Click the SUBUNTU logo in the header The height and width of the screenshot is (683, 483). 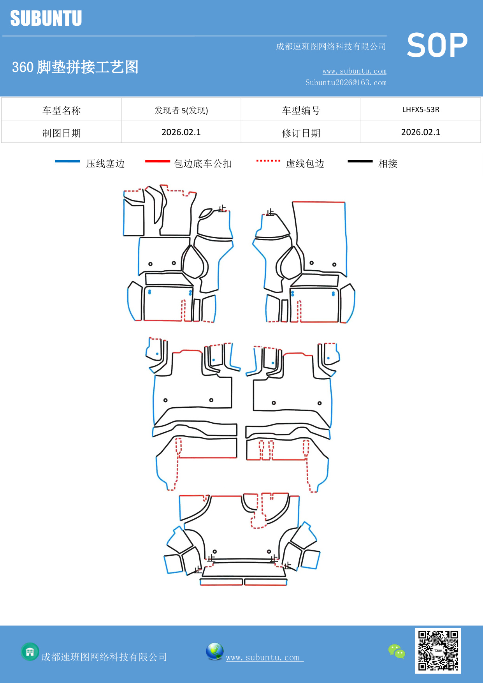tap(46, 18)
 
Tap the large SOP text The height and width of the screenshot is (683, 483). tap(437, 45)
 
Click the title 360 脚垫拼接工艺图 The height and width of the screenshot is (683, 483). tap(75, 67)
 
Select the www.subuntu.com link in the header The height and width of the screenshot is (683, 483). tap(354, 71)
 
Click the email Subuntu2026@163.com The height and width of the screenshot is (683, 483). tap(346, 83)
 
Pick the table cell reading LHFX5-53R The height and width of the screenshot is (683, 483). tap(421, 109)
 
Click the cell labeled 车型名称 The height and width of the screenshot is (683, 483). tap(61, 110)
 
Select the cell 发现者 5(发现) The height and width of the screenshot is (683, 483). tap(181, 110)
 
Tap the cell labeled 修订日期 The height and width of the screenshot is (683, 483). tap(301, 133)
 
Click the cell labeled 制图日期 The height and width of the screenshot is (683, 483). tap(61, 133)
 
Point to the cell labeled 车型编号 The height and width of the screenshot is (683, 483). tap(301, 110)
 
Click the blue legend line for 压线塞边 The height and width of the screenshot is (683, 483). tap(68, 161)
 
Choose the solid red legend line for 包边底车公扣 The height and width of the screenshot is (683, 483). tap(158, 161)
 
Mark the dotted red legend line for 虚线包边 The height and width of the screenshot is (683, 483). tap(268, 160)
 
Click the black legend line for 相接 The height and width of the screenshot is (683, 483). tap(360, 161)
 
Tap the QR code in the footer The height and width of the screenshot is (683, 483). tap(438, 651)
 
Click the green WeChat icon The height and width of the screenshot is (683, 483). tap(397, 651)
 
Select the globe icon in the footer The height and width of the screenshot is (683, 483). tap(214, 651)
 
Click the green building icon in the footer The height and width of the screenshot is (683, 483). tap(30, 651)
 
